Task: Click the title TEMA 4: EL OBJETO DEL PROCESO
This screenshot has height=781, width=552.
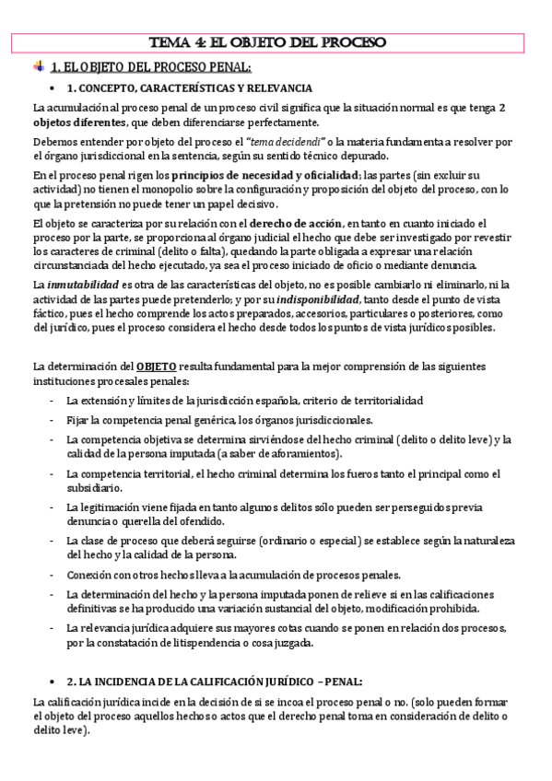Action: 267,42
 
